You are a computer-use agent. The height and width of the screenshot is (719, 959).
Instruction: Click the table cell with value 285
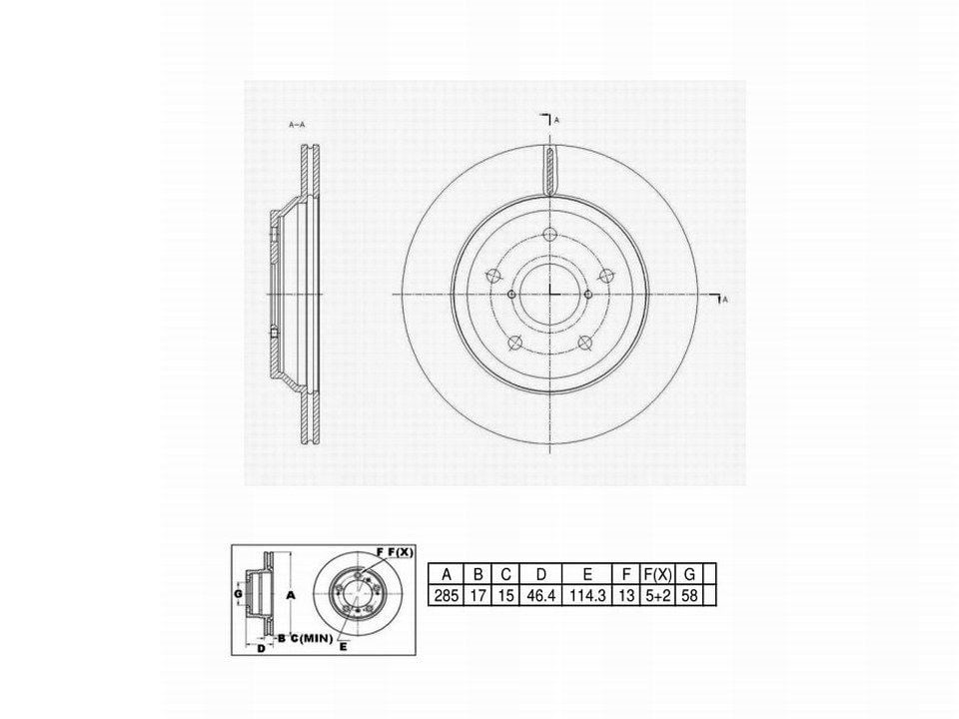click(x=446, y=595)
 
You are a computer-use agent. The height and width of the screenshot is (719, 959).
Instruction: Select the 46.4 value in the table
click(x=540, y=595)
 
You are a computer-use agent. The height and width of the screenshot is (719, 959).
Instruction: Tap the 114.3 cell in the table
click(x=587, y=595)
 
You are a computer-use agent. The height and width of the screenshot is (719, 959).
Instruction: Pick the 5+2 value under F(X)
click(x=657, y=595)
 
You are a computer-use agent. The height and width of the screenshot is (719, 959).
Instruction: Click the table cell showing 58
click(x=689, y=595)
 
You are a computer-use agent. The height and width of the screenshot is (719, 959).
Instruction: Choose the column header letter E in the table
click(x=587, y=575)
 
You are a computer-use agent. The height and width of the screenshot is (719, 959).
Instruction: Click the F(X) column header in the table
click(x=657, y=575)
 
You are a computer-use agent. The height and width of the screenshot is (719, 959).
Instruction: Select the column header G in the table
click(x=689, y=575)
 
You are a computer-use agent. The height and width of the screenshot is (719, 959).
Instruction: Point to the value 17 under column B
click(x=479, y=595)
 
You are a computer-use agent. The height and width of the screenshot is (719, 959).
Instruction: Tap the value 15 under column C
click(x=505, y=595)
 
